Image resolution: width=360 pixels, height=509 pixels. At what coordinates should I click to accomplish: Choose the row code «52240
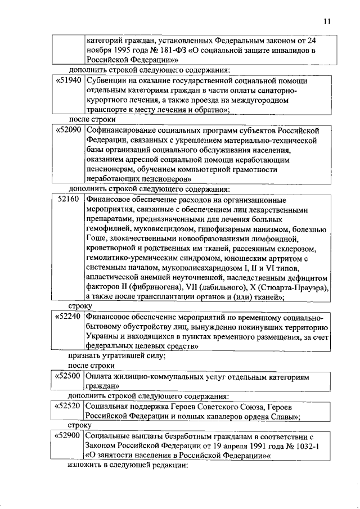69,317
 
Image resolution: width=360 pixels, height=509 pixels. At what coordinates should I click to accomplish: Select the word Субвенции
107,80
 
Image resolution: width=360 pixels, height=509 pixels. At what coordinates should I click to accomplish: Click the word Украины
102,337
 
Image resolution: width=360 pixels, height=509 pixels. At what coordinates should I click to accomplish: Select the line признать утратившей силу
117,357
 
